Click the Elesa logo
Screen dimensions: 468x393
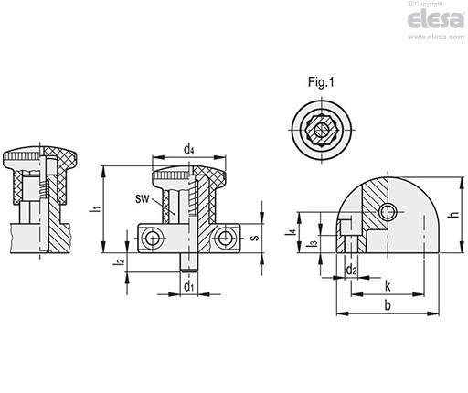[436, 19]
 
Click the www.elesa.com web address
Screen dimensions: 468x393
[436, 37]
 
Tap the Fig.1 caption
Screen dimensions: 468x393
[321, 82]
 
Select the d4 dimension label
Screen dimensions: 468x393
[189, 150]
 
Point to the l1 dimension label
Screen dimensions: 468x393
[95, 209]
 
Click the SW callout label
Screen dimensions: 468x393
[143, 199]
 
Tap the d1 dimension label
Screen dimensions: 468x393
[189, 286]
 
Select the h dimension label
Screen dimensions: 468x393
[454, 214]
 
